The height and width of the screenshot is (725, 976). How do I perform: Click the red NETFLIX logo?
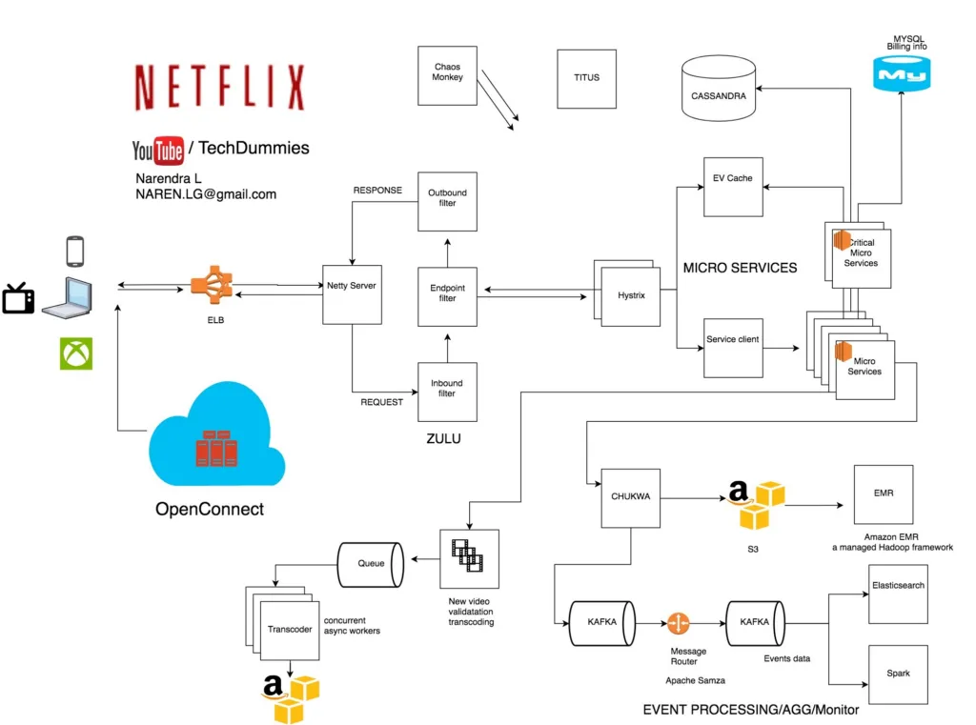coord(220,89)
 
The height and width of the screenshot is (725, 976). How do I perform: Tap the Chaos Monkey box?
coord(447,76)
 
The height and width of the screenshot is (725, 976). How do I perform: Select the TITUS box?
coord(587,77)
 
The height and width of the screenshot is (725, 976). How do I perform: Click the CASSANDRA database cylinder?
coord(719,91)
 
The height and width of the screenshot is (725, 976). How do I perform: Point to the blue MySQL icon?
coord(903,72)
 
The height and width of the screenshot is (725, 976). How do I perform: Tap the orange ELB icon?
coord(211,286)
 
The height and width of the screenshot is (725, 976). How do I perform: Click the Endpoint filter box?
coord(447,296)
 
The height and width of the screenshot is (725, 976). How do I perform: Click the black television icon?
coord(18,297)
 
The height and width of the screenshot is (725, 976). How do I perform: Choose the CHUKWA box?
coord(631,497)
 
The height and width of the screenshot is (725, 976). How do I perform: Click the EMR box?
coord(883,494)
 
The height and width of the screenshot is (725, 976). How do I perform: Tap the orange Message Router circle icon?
coord(678,624)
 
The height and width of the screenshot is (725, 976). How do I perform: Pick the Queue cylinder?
coord(371,564)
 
